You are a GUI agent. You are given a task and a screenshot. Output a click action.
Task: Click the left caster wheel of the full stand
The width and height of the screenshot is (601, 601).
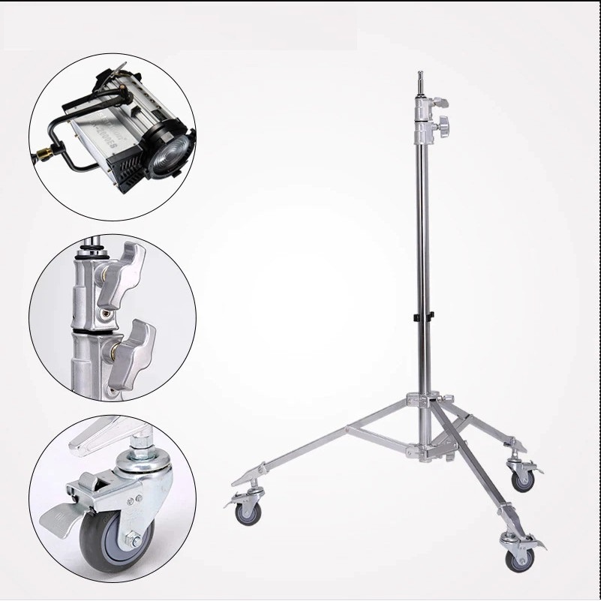(x=247, y=513)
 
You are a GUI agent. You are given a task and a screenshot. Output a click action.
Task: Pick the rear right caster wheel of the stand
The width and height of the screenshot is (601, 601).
(x=522, y=479)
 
